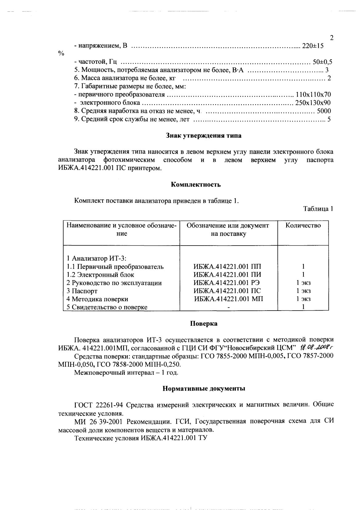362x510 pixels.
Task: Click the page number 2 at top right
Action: coord(331,38)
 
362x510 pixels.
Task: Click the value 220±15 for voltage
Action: coord(312,46)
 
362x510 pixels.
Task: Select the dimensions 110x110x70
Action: coord(313,95)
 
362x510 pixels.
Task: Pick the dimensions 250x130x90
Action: coord(313,103)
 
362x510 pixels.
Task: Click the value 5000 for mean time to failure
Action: coord(324,111)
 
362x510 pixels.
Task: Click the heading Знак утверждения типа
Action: coord(204,136)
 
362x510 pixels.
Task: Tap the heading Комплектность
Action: coord(196,185)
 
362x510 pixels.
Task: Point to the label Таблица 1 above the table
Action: coord(318,209)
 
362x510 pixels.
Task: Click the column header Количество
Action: coord(303,226)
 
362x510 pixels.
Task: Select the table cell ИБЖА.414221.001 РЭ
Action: coord(228,283)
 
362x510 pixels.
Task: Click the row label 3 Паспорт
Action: coord(82,291)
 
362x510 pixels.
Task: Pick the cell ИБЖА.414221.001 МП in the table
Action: coord(229,299)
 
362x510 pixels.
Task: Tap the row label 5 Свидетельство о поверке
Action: coord(107,307)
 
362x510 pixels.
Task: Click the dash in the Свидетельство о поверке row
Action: coord(229,307)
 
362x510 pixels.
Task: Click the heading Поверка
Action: coord(204,324)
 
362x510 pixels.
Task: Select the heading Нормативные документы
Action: coord(204,389)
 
